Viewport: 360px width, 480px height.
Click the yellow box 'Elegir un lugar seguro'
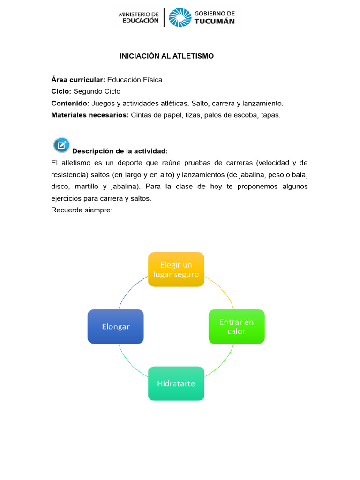[176, 269]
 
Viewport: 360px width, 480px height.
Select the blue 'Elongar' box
[115, 326]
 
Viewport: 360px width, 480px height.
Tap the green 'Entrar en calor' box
[236, 326]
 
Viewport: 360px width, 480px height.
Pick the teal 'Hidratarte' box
[176, 383]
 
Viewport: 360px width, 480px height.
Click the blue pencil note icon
[61, 145]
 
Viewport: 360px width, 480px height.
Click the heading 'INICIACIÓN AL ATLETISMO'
[166, 56]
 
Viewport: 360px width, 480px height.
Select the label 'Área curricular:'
[78, 80]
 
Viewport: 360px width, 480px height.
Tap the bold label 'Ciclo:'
[61, 91]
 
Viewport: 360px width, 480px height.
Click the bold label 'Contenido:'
[70, 103]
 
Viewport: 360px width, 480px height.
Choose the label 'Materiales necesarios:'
[90, 115]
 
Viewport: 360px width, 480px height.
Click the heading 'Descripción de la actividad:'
[120, 151]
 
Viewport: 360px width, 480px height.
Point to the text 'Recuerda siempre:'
[82, 210]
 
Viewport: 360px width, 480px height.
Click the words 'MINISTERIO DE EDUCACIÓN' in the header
[139, 18]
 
